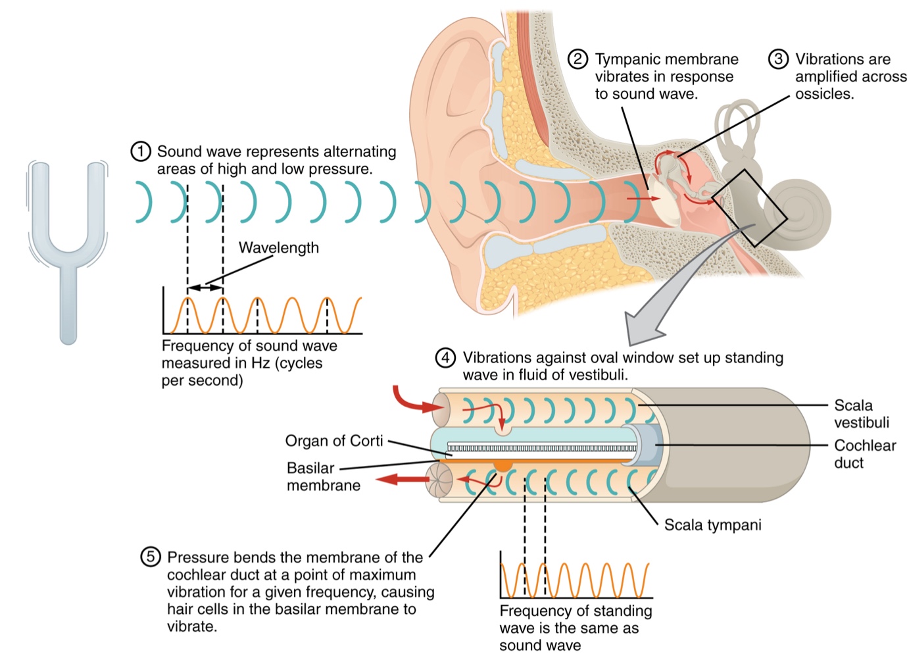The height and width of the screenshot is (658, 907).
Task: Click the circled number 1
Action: click(140, 152)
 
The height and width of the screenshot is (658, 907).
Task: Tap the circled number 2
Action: click(577, 59)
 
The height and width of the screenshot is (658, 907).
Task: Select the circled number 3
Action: click(778, 59)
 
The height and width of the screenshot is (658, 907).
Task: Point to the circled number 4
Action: click(445, 358)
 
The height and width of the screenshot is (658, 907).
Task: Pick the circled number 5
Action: click(150, 557)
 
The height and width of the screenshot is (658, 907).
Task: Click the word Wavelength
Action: click(278, 248)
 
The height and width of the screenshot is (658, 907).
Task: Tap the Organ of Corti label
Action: click(334, 441)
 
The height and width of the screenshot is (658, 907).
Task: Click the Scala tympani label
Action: click(712, 525)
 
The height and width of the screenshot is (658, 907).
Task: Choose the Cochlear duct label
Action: click(864, 454)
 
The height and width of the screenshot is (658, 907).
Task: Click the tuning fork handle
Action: click(68, 303)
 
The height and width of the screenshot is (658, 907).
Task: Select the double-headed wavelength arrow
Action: click(205, 288)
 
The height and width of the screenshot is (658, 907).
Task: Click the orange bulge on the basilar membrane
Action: click(503, 466)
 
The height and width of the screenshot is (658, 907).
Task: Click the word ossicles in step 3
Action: click(824, 94)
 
